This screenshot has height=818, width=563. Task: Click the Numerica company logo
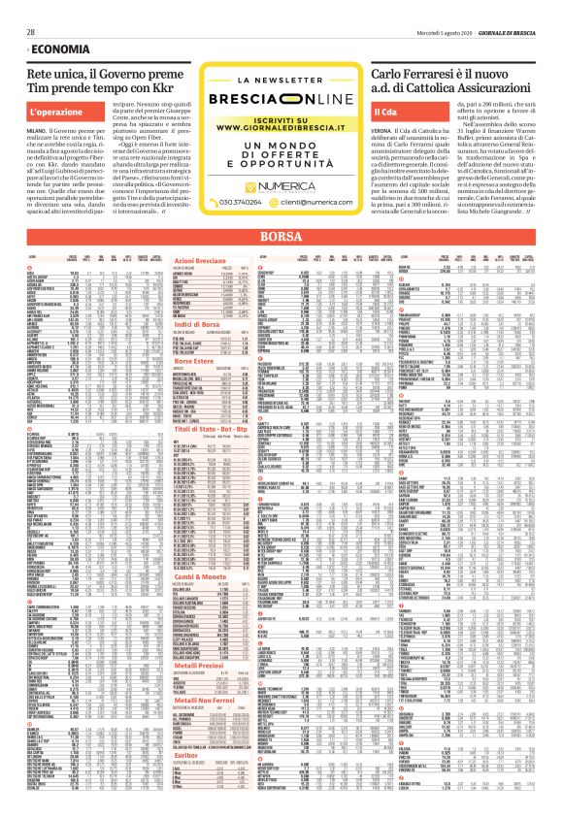tap(282, 206)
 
